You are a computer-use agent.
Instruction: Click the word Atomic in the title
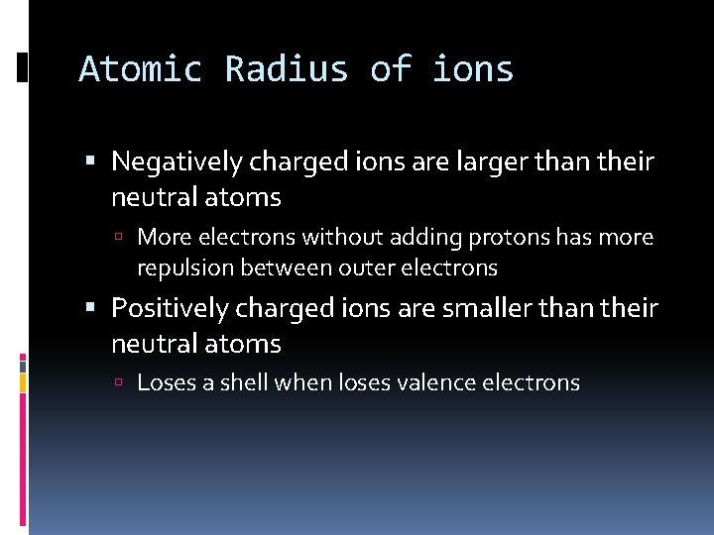pyautogui.click(x=140, y=70)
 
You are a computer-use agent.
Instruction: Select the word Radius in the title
pyautogui.click(x=286, y=70)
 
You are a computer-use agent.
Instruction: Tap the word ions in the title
pyautogui.click(x=473, y=70)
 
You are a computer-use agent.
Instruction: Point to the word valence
pyautogui.click(x=436, y=382)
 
